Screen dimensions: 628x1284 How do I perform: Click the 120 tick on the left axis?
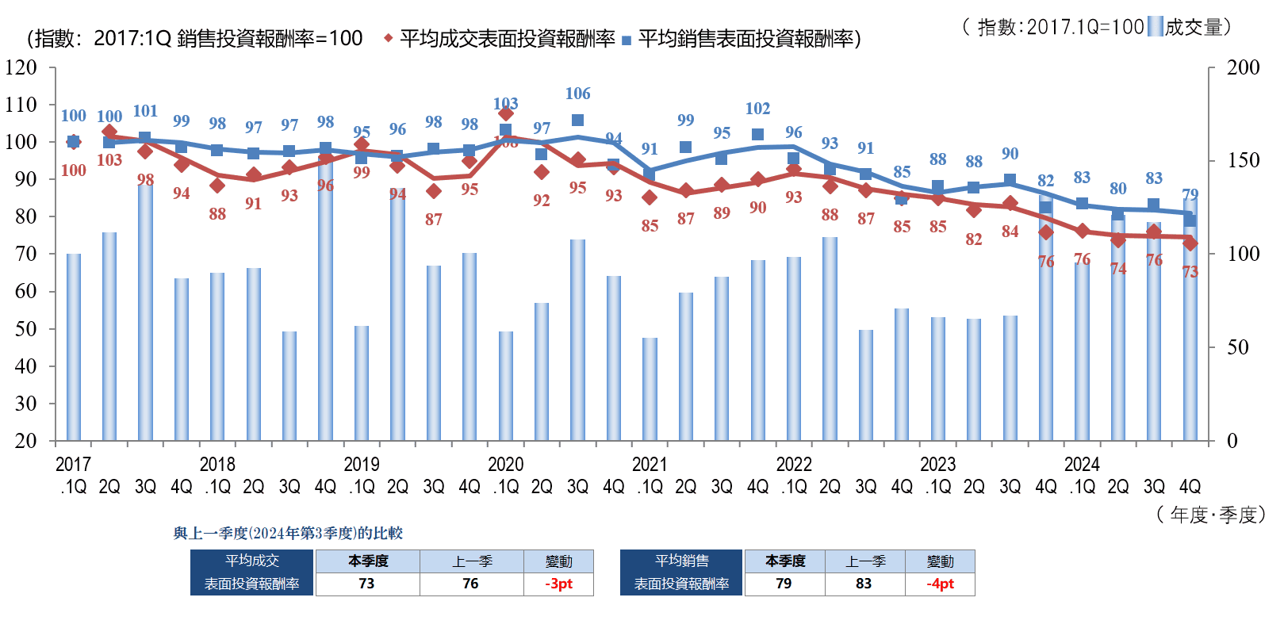21,67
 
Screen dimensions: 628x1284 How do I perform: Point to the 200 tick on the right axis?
1243,67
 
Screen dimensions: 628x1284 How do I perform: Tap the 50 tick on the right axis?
1237,347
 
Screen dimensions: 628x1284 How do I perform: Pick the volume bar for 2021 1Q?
650,389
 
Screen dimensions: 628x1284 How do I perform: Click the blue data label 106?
577,94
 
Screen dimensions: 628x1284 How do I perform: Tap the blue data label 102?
757,109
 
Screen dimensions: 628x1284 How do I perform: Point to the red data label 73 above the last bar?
1190,272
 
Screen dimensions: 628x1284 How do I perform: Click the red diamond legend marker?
388,38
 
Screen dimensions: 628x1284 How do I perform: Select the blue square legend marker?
627,40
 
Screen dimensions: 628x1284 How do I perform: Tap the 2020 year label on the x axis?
505,465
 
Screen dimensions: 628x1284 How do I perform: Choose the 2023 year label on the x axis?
937,465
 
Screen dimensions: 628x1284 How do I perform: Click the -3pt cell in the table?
558,584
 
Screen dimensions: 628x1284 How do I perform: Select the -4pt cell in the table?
940,584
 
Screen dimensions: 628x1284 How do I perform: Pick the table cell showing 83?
864,584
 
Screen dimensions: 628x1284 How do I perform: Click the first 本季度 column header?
368,561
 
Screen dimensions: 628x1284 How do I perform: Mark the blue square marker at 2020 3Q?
577,121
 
